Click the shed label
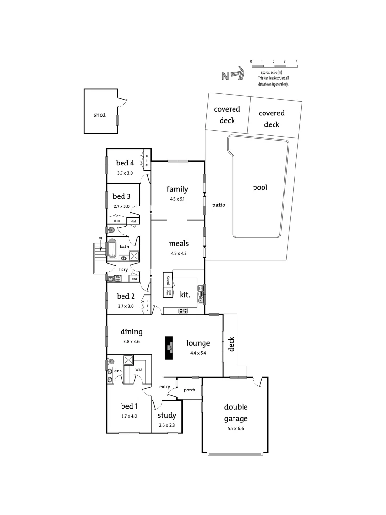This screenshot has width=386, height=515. [100, 115]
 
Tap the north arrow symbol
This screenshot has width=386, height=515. [233, 75]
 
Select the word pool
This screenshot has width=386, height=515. [260, 187]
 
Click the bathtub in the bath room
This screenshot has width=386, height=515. [112, 248]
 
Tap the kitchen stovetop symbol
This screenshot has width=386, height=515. [183, 311]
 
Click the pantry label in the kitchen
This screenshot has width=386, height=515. [168, 279]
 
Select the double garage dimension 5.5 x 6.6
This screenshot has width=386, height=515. [236, 428]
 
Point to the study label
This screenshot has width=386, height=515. [167, 415]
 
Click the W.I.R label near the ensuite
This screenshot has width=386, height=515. [139, 370]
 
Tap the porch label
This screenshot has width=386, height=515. [190, 390]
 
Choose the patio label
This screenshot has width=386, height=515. [219, 205]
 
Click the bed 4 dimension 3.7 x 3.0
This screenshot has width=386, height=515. [125, 173]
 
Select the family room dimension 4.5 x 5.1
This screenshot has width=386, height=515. [177, 199]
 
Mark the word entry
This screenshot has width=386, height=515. [164, 387]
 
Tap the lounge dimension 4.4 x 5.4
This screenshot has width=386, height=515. [200, 353]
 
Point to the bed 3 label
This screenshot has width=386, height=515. [122, 196]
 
